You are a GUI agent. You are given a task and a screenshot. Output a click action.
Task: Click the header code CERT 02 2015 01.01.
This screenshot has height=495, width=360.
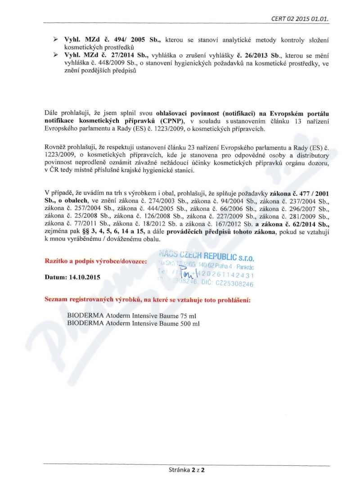pyautogui.click(x=304, y=19)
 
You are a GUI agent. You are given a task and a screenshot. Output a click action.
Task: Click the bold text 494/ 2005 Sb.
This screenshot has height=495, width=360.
pyautogui.click(x=132, y=40)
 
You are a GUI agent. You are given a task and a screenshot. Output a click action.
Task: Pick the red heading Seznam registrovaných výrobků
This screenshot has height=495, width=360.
pyautogui.click(x=148, y=299)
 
